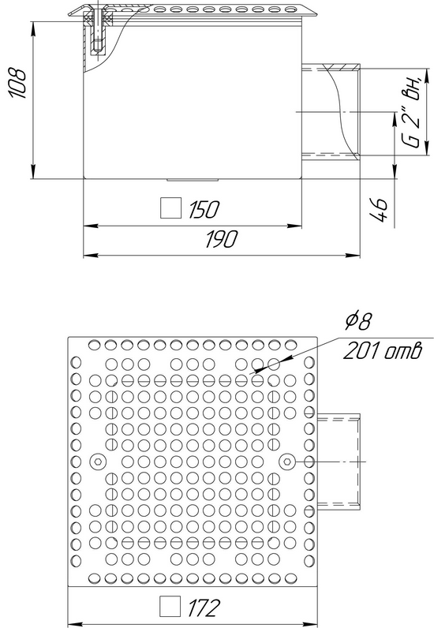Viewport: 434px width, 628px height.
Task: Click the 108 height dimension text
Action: coord(18,83)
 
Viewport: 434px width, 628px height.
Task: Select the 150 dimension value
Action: coord(204,209)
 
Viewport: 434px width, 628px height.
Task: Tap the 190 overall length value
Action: coord(221,239)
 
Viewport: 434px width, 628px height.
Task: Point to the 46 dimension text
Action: coord(379,209)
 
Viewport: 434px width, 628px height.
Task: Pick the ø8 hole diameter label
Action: coord(358,321)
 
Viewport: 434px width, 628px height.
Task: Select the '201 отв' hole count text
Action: coord(383,351)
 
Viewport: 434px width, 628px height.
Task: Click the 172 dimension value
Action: coord(204,607)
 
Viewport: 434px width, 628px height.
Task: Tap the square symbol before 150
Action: coord(170,208)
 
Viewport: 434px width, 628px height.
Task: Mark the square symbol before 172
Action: coord(170,607)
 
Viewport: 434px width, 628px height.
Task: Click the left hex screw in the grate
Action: coord(97,462)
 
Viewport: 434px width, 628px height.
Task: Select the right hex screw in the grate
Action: coord(287,462)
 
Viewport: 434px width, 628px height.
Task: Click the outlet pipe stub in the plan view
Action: coord(339,462)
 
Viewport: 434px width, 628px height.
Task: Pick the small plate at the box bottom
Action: coord(193,180)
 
